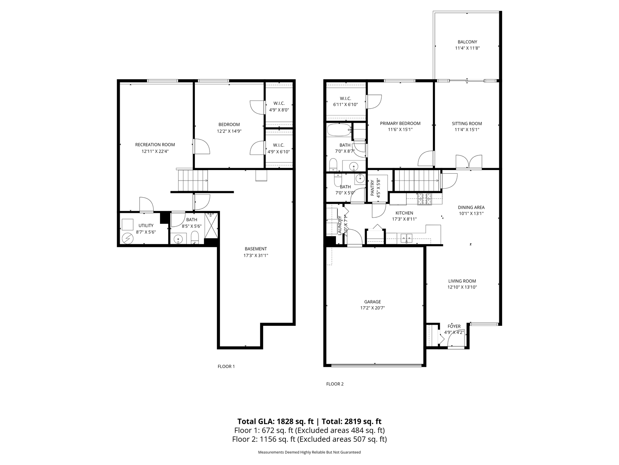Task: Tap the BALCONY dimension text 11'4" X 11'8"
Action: tap(467, 48)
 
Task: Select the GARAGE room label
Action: tap(373, 302)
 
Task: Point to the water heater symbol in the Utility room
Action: tap(127, 238)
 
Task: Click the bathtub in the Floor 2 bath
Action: tap(339, 130)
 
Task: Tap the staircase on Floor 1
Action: tap(193, 180)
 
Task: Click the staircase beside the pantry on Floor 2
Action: tap(417, 180)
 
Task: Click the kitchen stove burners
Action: tap(425, 198)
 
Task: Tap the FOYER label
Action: tap(454, 326)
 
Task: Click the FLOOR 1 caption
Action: tap(226, 367)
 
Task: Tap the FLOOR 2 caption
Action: tap(335, 384)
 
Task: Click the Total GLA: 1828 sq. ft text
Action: tap(275, 421)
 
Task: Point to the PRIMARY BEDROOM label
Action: tap(400, 124)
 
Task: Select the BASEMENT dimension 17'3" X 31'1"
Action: tap(256, 255)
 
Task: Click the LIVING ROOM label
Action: tap(462, 281)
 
